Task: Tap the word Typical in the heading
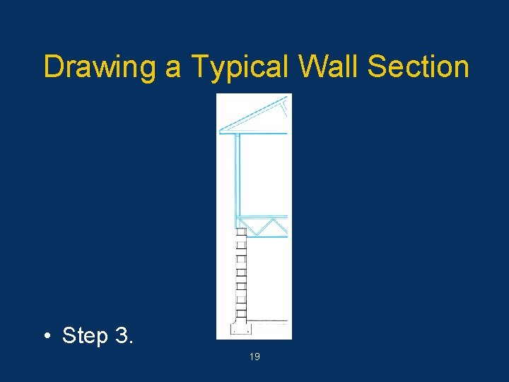tap(240, 67)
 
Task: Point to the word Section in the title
tap(419, 67)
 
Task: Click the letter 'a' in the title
tap(173, 69)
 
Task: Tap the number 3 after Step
tap(122, 335)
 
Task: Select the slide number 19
tap(255, 357)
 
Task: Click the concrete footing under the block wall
tap(241, 328)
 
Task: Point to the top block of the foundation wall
tap(241, 231)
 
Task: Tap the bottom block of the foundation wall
tap(241, 313)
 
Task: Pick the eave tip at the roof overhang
tap(221, 131)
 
